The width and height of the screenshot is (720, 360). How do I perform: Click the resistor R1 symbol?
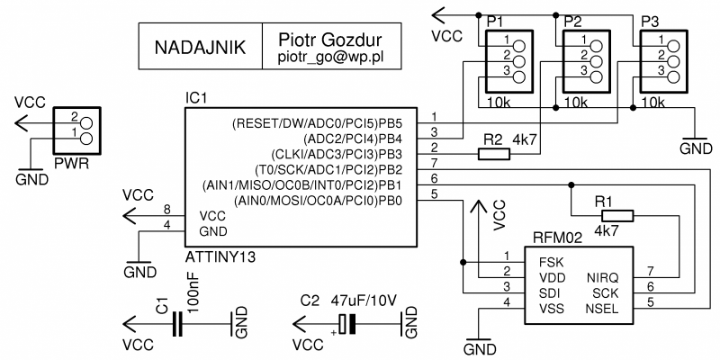[x=617, y=216]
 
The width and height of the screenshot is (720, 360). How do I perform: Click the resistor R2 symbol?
[x=493, y=153]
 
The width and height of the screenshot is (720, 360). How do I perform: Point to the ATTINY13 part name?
[x=220, y=257]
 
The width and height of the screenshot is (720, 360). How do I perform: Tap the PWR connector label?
[x=71, y=165]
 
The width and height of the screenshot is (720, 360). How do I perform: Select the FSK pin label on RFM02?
[x=550, y=262]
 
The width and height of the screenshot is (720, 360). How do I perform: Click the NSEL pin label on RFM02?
[x=600, y=308]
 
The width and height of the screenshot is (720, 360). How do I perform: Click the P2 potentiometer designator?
[x=573, y=20]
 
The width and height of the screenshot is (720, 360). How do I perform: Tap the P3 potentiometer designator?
[x=650, y=20]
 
